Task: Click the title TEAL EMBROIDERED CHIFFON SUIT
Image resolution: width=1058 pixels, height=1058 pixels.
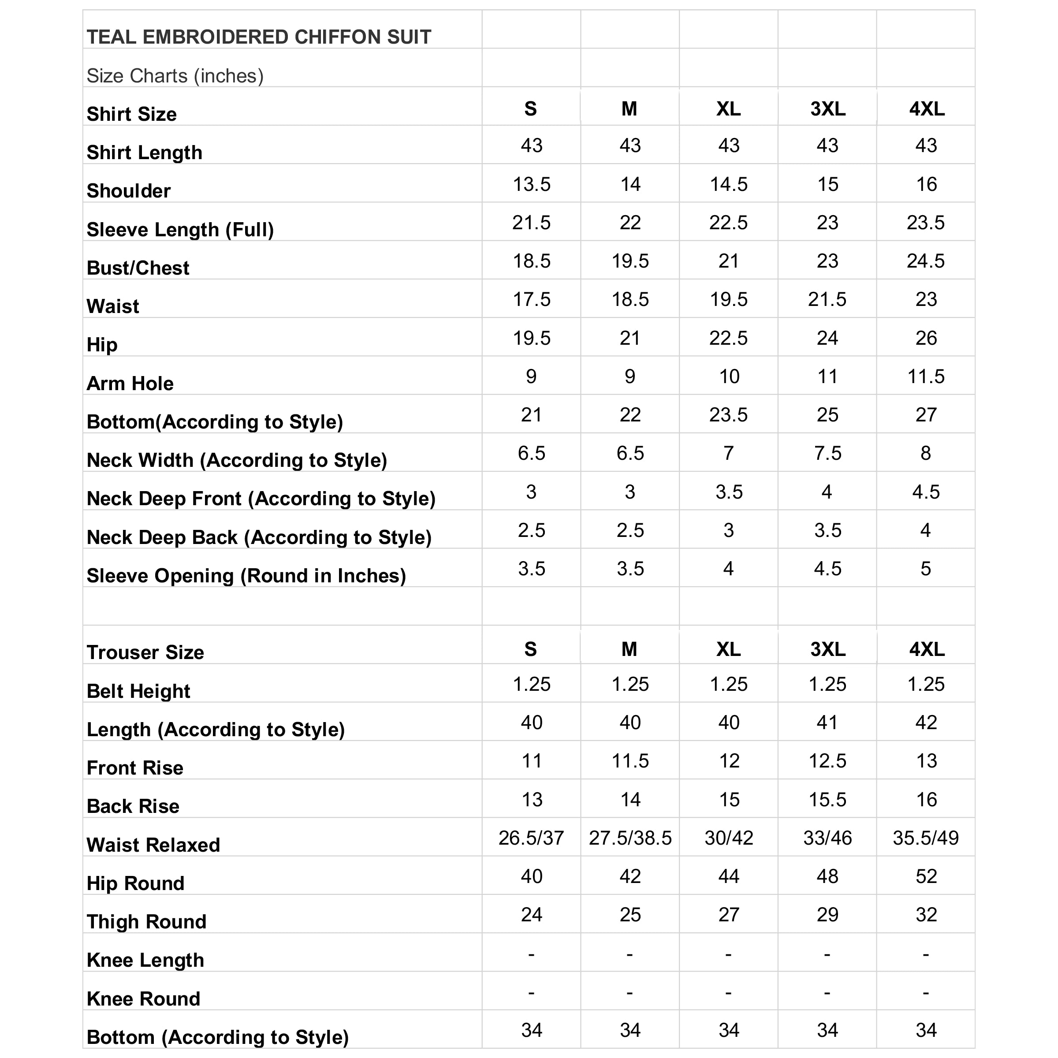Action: click(x=259, y=37)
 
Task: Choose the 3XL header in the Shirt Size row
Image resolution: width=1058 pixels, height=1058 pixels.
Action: click(x=827, y=109)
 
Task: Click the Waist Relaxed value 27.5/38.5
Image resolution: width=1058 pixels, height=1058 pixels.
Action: click(x=630, y=838)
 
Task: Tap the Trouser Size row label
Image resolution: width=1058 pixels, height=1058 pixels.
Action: click(x=145, y=653)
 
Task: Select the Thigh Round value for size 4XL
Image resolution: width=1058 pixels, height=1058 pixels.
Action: click(x=926, y=915)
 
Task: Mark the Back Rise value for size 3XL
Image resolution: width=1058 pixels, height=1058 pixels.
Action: click(x=827, y=800)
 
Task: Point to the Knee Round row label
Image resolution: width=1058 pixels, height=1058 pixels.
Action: click(x=143, y=999)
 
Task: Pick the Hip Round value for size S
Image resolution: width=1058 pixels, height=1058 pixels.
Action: click(x=531, y=877)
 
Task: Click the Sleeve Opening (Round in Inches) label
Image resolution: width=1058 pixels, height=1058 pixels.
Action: click(x=246, y=576)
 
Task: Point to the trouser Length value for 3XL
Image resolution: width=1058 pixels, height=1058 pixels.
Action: click(x=827, y=723)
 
